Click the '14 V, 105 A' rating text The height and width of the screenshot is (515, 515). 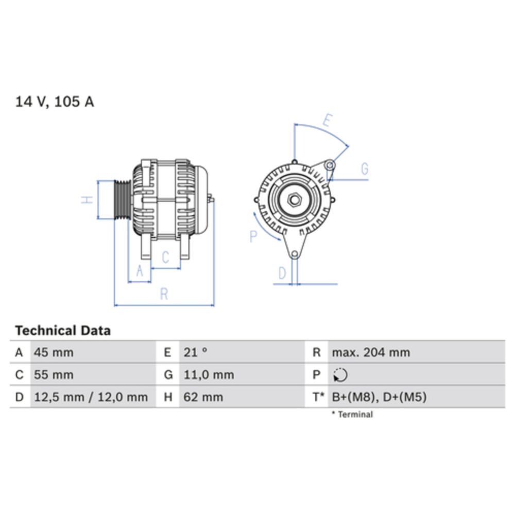tap(55, 101)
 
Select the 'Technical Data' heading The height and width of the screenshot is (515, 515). tap(63, 330)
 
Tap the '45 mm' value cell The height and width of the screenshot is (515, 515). tap(54, 353)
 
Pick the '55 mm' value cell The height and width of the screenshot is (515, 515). tap(54, 375)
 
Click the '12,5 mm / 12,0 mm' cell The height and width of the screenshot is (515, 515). tap(91, 397)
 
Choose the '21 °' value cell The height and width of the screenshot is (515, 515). tap(196, 353)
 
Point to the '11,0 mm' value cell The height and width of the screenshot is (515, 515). tap(209, 375)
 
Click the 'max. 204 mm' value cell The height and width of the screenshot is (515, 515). tap(371, 353)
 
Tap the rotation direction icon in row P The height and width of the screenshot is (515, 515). tap(340, 375)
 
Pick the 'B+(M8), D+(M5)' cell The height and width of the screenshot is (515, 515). tap(379, 397)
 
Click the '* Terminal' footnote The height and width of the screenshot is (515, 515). tap(352, 414)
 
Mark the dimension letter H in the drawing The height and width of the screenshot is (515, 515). tap(88, 200)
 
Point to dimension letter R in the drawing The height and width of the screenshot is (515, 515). tap(164, 294)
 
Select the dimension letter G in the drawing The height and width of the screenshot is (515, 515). tap(364, 169)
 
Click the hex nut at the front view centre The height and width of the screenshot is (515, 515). tap(294, 200)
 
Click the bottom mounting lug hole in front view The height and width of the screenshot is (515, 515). tap(294, 254)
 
